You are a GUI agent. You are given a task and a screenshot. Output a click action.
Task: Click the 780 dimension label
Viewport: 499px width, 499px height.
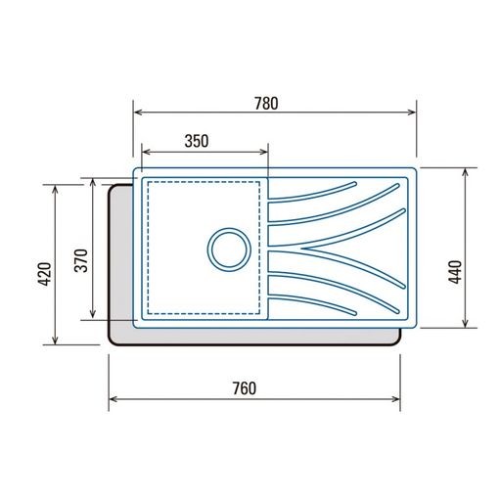click(x=266, y=103)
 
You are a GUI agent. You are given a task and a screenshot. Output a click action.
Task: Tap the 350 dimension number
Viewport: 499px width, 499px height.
click(x=197, y=141)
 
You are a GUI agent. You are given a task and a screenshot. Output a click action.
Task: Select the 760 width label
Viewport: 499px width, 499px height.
click(x=245, y=388)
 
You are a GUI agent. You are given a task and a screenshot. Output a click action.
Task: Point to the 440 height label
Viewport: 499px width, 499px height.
click(x=455, y=272)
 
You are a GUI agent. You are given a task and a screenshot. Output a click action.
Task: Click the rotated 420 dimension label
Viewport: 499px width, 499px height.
click(x=45, y=274)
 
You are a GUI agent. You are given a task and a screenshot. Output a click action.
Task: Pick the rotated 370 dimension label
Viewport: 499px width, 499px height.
click(x=81, y=260)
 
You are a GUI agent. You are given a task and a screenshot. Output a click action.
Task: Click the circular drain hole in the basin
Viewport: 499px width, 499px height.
click(x=229, y=249)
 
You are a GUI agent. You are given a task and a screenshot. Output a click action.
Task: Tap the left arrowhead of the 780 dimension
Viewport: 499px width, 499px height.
click(x=138, y=113)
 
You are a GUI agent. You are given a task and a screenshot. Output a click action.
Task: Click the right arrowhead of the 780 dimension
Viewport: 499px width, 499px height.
click(x=412, y=113)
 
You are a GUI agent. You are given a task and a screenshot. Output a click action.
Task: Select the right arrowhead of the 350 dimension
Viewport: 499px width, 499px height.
click(x=263, y=152)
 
